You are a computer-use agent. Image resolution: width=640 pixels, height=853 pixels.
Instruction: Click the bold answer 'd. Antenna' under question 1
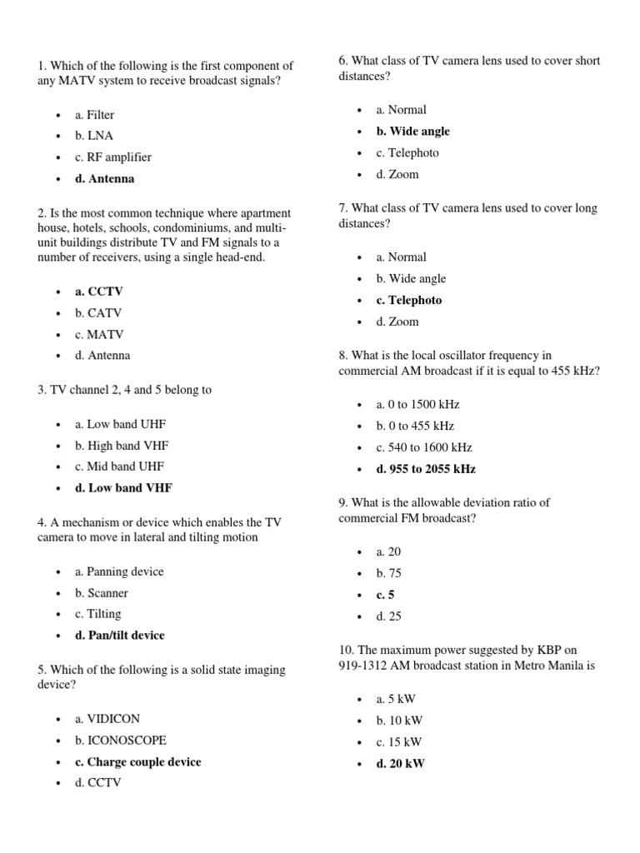point(104,178)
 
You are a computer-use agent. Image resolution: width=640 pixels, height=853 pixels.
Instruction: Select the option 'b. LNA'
point(93,135)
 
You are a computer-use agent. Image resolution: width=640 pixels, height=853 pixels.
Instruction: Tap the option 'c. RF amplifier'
point(112,157)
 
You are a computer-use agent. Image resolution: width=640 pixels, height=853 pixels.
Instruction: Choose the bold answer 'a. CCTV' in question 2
point(98,292)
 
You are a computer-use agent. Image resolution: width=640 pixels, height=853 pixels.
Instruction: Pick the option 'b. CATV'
point(97,313)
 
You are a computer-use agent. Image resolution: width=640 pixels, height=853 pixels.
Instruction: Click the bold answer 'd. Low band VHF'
point(123,488)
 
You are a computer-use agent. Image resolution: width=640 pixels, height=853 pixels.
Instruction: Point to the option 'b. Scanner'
point(101,593)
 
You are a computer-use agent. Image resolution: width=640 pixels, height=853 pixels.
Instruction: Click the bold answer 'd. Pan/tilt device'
point(119,635)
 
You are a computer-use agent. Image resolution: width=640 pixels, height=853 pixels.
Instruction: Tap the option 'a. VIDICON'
point(107,718)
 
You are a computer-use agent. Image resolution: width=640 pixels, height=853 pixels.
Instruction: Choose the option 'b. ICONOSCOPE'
point(120,740)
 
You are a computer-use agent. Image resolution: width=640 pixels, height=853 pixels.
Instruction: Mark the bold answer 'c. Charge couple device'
point(137,761)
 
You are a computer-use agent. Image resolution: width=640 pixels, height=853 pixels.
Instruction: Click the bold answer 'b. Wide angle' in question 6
point(412,131)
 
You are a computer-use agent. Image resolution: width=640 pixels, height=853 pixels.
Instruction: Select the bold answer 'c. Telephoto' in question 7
point(408,300)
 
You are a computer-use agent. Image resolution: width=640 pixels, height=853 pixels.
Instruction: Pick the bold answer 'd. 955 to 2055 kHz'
point(425,469)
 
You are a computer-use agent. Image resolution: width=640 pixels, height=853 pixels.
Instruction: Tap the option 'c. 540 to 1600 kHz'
point(423,447)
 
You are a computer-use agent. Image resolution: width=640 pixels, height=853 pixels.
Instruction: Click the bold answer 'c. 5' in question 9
point(385,595)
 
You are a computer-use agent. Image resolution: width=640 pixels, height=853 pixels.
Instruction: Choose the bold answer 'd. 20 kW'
point(400,763)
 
